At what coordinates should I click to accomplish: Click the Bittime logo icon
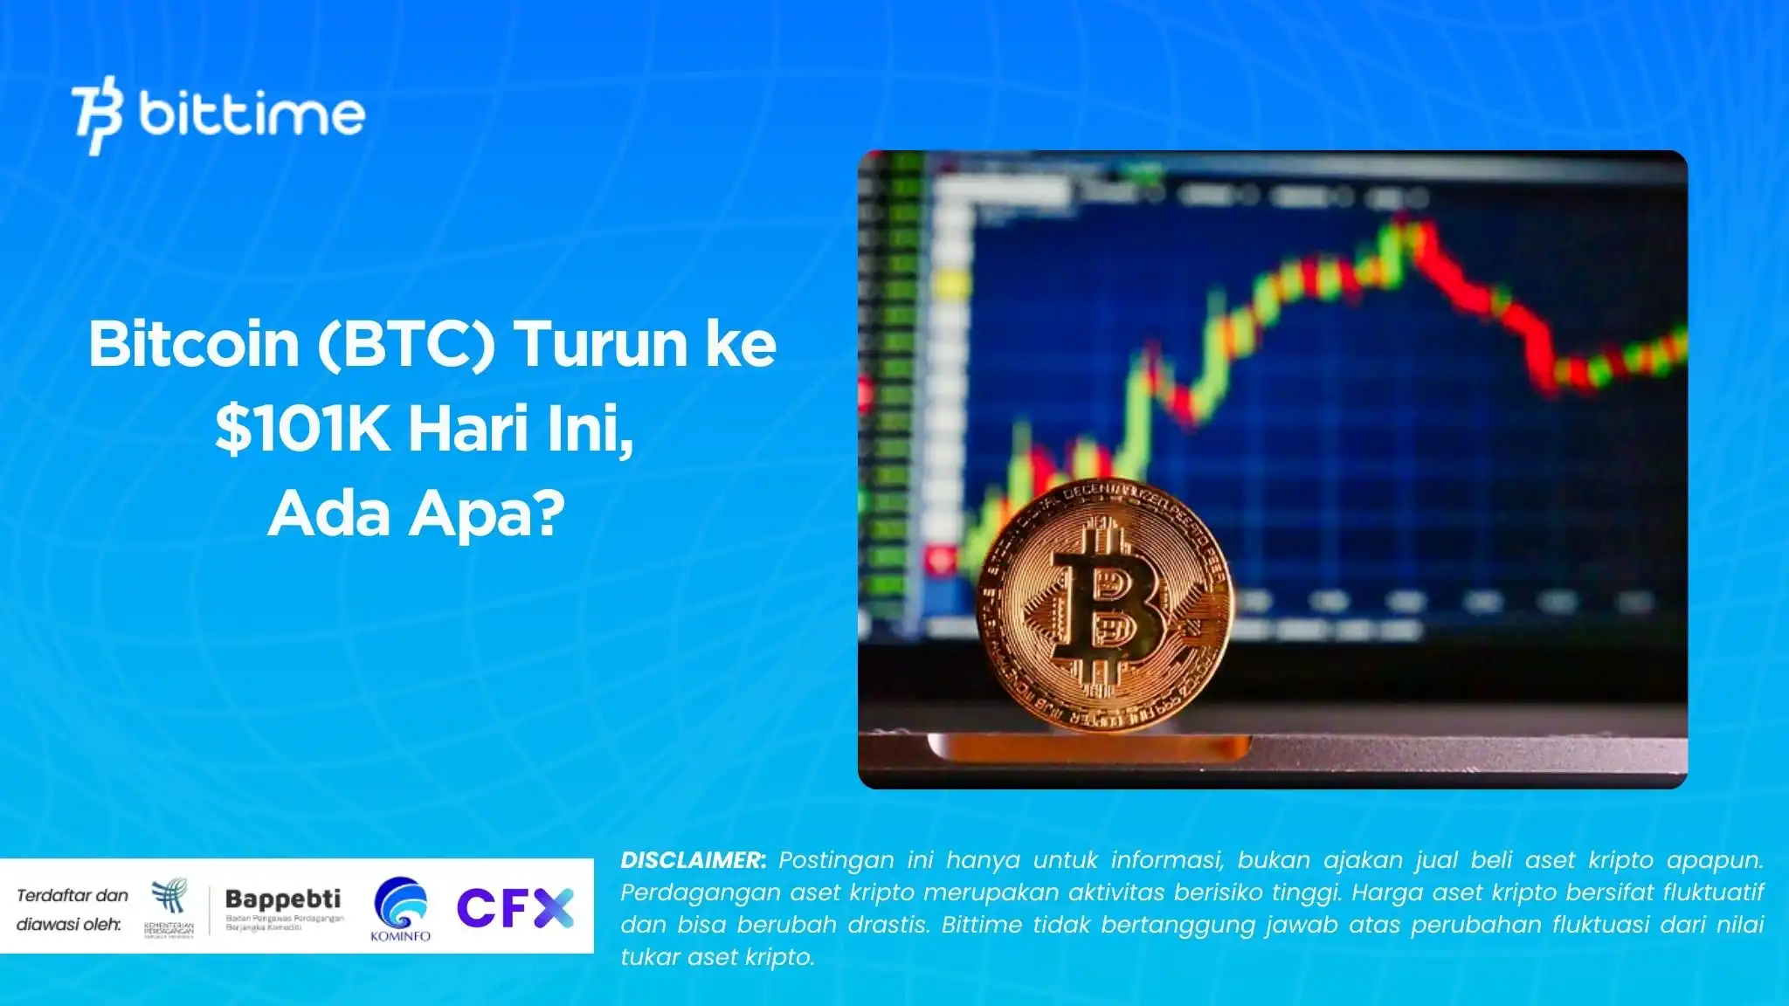97,115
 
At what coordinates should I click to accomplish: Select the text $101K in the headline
301,430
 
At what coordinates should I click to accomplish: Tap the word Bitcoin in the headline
194,344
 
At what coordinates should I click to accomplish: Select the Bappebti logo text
282,899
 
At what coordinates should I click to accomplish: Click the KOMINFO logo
401,909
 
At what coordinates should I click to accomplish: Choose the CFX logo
515,907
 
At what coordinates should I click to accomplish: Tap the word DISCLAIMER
693,860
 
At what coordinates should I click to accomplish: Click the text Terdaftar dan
73,895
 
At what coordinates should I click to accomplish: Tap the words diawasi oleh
69,924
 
